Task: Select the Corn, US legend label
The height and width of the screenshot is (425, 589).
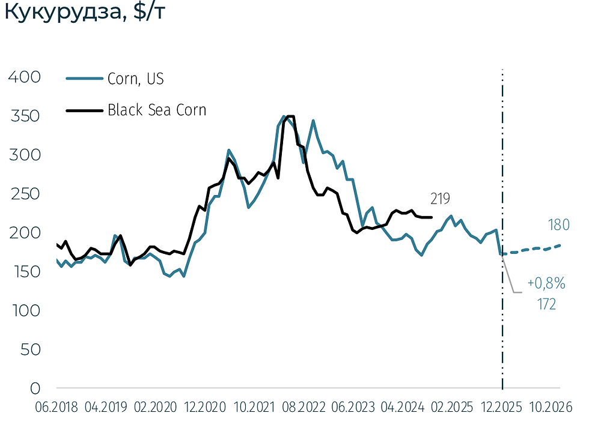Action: click(x=135, y=79)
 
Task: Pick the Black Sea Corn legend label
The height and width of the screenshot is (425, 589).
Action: click(x=157, y=110)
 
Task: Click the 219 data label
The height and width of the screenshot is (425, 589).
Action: click(x=441, y=199)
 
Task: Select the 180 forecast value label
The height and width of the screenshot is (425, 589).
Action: click(x=558, y=225)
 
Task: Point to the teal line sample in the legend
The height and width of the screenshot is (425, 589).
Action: click(x=84, y=79)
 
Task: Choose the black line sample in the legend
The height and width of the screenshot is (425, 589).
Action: click(x=84, y=110)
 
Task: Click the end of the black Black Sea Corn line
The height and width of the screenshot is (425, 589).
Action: click(x=432, y=217)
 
